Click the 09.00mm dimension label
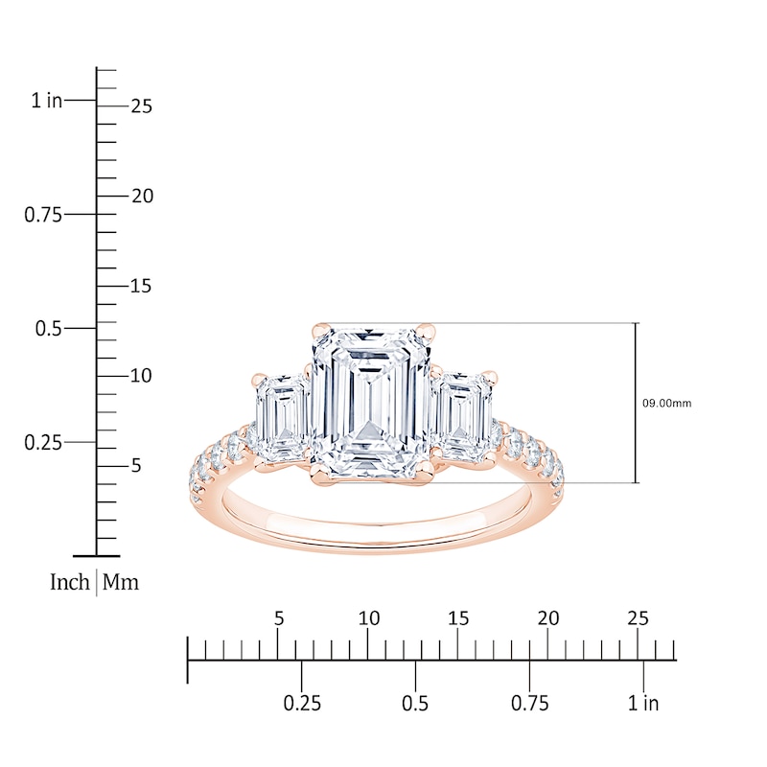pyautogui.click(x=666, y=404)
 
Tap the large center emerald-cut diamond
pyautogui.click(x=371, y=403)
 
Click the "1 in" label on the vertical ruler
pyautogui.click(x=47, y=101)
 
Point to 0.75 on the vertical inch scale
pyautogui.click(x=43, y=215)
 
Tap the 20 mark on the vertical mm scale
pyautogui.click(x=142, y=197)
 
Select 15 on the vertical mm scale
pyautogui.click(x=141, y=286)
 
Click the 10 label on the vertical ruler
pyautogui.click(x=141, y=376)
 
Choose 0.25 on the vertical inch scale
pyautogui.click(x=43, y=443)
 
